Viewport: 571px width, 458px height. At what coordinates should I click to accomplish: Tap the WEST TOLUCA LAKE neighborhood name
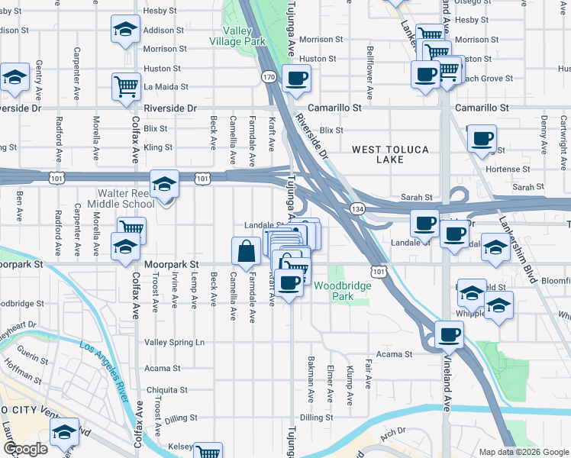pyautogui.click(x=390, y=153)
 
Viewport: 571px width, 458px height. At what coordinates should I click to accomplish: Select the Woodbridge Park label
pyautogui.click(x=343, y=291)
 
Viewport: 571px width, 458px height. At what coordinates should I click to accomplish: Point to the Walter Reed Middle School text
pyautogui.click(x=126, y=198)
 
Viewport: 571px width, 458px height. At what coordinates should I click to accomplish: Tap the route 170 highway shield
pyautogui.click(x=268, y=77)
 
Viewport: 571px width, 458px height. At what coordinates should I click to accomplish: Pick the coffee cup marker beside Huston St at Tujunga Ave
pyautogui.click(x=296, y=77)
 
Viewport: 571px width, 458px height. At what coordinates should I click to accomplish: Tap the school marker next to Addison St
pyautogui.click(x=125, y=30)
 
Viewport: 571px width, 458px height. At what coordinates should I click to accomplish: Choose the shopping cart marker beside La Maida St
pyautogui.click(x=126, y=85)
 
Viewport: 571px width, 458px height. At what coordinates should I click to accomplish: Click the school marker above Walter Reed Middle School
pyautogui.click(x=164, y=184)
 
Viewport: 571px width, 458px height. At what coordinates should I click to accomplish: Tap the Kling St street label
pyautogui.click(x=158, y=147)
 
